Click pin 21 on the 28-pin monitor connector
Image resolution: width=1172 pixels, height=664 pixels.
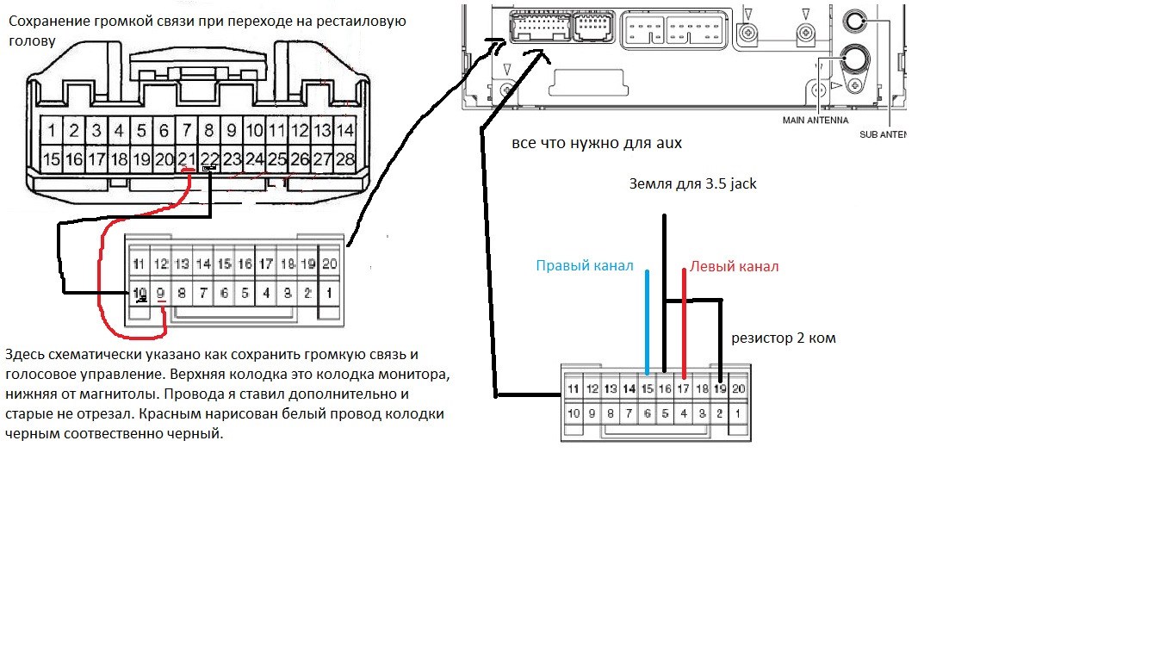coord(186,158)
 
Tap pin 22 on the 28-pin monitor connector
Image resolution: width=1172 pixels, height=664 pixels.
coord(209,158)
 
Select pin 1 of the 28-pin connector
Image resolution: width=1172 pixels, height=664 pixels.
coord(52,130)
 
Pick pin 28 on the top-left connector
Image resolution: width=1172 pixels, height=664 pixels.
coord(344,158)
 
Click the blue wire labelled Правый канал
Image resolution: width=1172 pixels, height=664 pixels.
coord(648,322)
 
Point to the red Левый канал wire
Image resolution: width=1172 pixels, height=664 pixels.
coord(684,323)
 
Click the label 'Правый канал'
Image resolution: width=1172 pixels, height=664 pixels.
coord(585,266)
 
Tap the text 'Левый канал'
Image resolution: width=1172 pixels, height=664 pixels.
coord(734,266)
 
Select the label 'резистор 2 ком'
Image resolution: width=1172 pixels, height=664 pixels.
coord(784,338)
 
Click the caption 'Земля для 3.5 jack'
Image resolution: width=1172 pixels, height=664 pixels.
coord(692,183)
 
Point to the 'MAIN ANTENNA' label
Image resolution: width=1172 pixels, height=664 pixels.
coord(815,121)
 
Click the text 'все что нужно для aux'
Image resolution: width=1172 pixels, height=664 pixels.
coord(597,143)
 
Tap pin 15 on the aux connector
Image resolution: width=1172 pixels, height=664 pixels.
coord(648,388)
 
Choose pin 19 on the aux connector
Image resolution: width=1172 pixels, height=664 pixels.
coord(720,388)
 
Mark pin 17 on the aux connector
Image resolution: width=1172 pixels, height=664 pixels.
coord(684,388)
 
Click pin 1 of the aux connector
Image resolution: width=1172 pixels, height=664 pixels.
coord(738,413)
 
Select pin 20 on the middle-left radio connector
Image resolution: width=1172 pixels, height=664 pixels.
coord(329,264)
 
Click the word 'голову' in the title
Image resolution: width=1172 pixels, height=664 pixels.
coord(33,41)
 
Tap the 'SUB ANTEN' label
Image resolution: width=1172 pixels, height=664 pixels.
coord(883,134)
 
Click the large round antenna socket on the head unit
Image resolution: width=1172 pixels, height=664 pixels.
coord(854,58)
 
